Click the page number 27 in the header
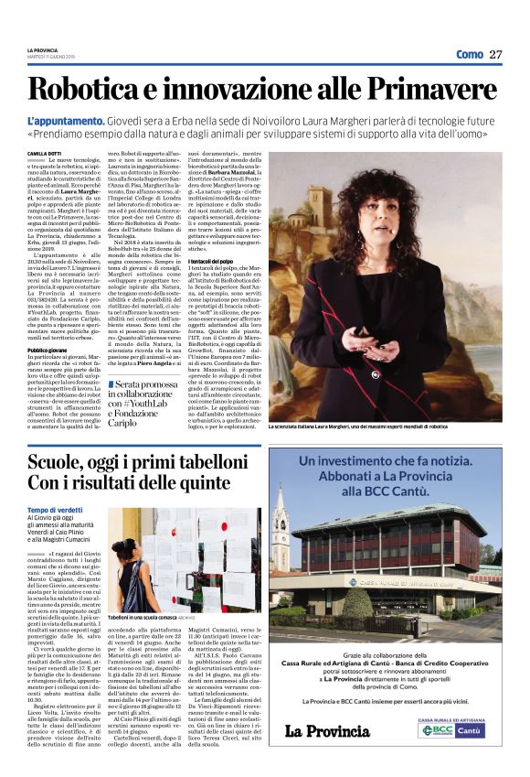[496, 54]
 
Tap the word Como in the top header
[469, 54]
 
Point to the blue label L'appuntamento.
[63, 120]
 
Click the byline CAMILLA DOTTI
[44, 153]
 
